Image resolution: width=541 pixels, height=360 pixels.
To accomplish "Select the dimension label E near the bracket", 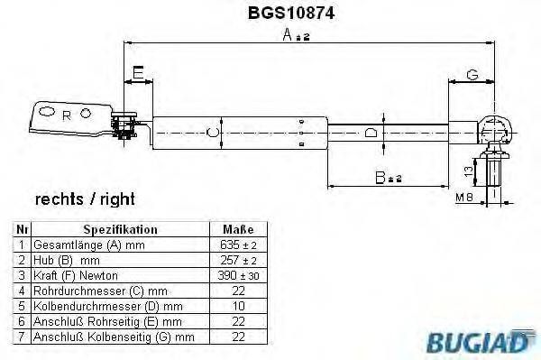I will (x=137, y=71).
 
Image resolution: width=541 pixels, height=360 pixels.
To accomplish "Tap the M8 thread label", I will (x=463, y=196).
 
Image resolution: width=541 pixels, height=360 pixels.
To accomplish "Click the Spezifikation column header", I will (x=120, y=230).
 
